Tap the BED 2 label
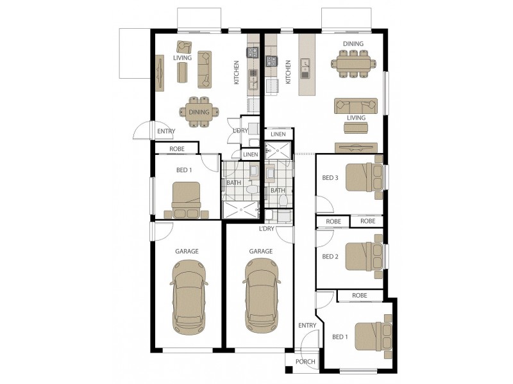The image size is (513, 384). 330,257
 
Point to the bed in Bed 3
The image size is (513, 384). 363,177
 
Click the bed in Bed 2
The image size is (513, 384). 363,255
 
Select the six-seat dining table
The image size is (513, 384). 353,64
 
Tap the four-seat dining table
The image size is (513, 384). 199,112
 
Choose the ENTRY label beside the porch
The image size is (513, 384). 307,325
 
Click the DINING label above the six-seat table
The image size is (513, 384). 353,44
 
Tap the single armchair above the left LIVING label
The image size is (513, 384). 185,47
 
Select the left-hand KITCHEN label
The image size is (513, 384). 236,72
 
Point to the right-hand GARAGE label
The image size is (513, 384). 261,252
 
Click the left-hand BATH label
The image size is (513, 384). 233,182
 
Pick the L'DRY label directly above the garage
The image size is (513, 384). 267,228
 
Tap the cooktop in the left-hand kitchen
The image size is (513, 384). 253,52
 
